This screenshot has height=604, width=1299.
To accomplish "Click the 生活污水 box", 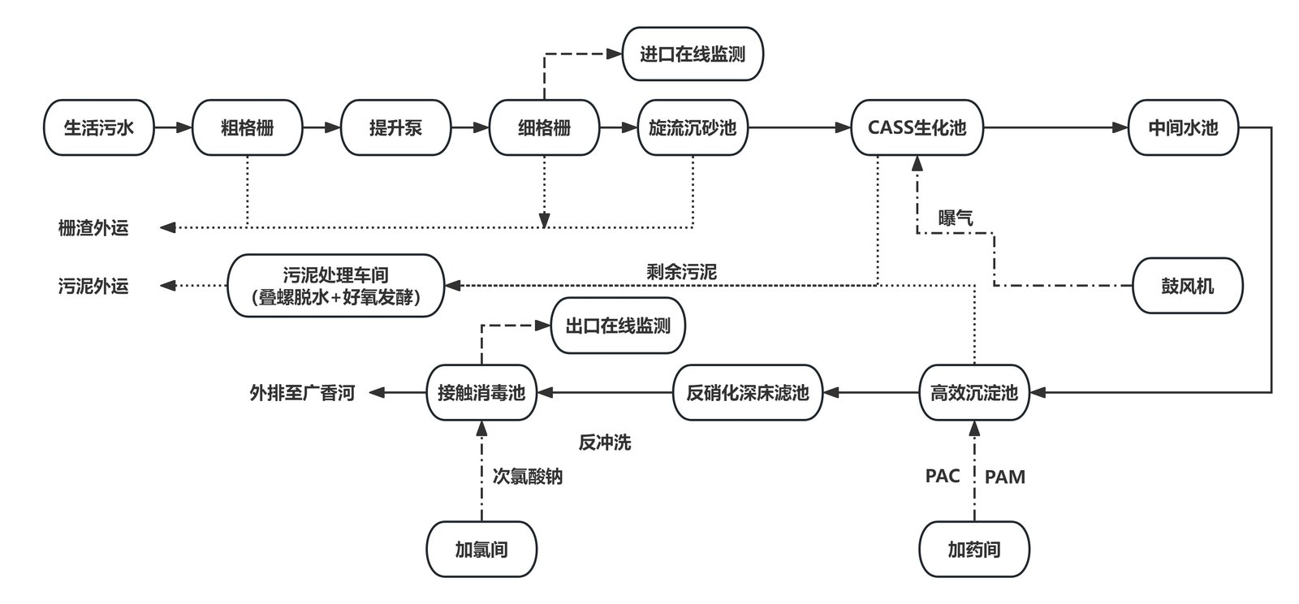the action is click(x=99, y=127).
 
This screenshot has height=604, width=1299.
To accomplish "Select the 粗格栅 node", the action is click(x=248, y=127).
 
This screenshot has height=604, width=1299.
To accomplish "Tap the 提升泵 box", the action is click(x=396, y=127).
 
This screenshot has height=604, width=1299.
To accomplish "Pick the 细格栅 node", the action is click(x=545, y=127).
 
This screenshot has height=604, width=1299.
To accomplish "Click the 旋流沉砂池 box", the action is click(x=693, y=127).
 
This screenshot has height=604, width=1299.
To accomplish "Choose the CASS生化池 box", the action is click(x=917, y=127).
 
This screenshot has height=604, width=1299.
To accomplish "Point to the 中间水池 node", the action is click(x=1184, y=127).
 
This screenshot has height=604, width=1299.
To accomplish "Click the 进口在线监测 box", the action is click(x=693, y=54).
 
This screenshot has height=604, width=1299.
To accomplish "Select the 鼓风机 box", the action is click(x=1188, y=286).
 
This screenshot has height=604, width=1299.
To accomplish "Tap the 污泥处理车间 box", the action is click(x=336, y=285).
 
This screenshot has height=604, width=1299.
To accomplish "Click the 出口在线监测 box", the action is click(x=618, y=326).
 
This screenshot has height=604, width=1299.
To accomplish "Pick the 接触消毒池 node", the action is click(x=482, y=392).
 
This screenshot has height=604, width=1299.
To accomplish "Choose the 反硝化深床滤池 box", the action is click(x=748, y=392).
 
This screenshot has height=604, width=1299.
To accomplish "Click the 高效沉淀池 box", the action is click(x=974, y=392).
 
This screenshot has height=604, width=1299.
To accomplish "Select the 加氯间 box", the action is click(x=482, y=549).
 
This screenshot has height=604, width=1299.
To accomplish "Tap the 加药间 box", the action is click(x=974, y=549).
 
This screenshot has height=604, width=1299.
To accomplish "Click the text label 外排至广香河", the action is click(x=302, y=393).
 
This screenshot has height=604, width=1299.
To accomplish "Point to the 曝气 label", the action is click(x=956, y=218).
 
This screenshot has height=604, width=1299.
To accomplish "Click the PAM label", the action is click(x=1005, y=477).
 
